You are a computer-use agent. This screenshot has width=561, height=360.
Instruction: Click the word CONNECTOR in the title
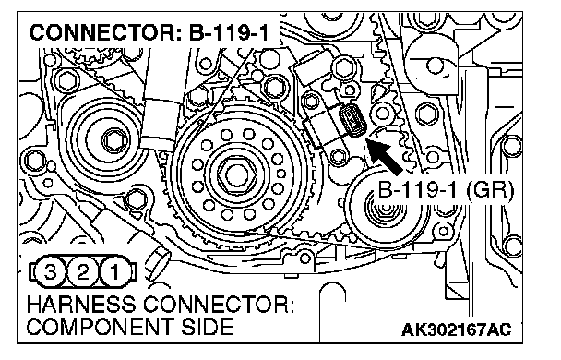101,32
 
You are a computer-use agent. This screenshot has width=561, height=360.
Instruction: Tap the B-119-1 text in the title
228,32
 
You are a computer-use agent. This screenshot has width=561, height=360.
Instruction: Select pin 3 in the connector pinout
50,272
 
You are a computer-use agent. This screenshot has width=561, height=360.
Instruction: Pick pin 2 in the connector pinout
83,272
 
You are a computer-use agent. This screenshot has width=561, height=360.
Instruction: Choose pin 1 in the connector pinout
114,272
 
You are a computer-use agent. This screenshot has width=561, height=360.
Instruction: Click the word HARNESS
81,305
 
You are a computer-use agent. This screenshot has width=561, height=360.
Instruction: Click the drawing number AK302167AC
456,330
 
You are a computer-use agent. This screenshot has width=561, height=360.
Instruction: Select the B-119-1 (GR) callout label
446,189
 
